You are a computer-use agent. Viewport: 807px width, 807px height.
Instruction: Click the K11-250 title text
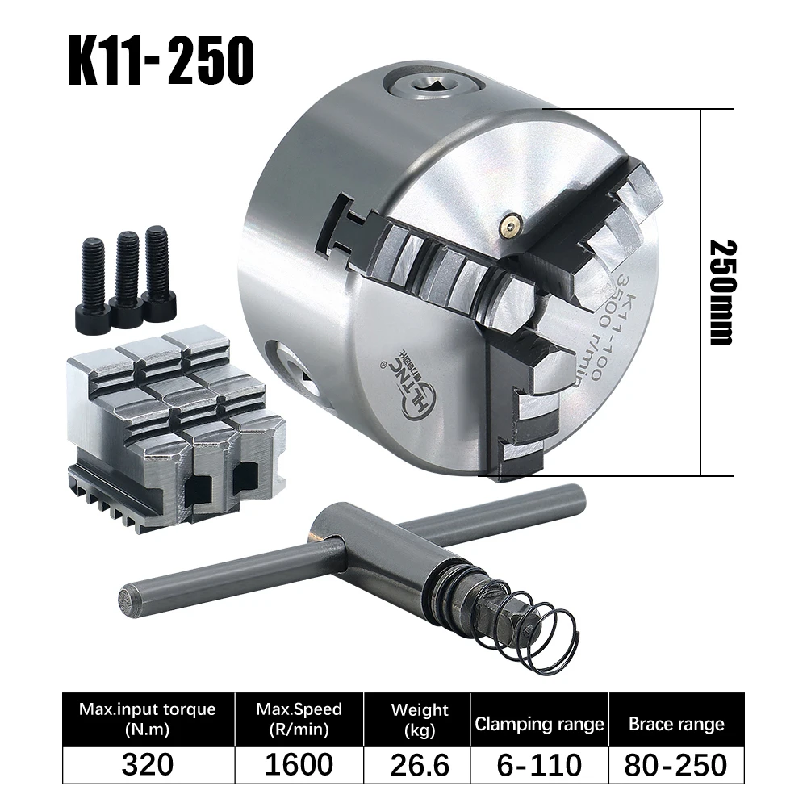(x=161, y=60)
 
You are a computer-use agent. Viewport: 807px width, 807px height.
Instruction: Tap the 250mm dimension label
(x=720, y=292)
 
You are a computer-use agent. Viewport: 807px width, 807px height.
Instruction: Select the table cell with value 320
(x=147, y=764)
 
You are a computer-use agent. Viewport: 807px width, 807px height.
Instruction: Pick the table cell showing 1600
(x=299, y=764)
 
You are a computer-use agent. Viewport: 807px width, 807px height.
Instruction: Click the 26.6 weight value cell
(x=419, y=764)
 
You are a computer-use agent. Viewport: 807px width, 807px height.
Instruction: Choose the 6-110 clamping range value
(x=538, y=764)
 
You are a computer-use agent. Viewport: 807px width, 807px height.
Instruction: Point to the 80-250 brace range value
(x=676, y=764)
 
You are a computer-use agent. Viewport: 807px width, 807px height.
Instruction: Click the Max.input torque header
(x=147, y=719)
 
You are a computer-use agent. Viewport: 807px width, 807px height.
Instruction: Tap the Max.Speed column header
(x=299, y=719)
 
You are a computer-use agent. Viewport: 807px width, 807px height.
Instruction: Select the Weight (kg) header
(x=419, y=719)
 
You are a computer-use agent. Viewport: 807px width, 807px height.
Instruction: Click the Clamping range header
(x=538, y=724)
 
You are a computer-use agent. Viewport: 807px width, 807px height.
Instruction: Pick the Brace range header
(x=676, y=724)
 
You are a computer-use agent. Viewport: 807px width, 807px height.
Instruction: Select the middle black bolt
(x=127, y=270)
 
